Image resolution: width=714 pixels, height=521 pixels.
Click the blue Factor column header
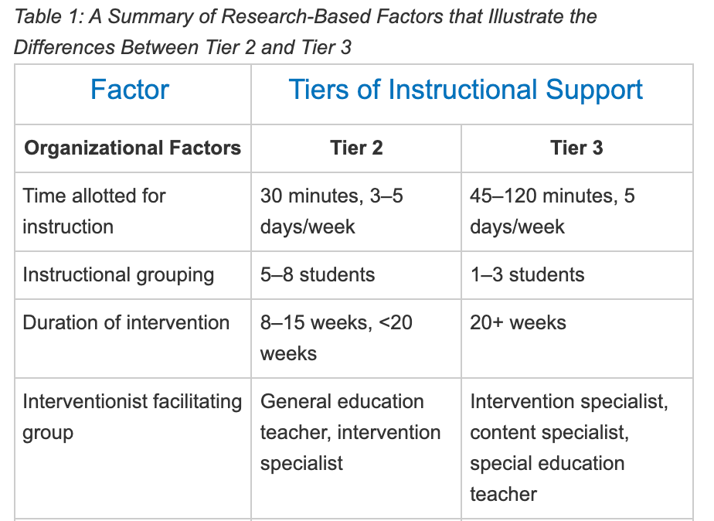click(x=130, y=89)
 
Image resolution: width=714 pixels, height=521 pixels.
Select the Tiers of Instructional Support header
click(x=465, y=89)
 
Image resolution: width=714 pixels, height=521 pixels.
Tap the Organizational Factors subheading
click(x=132, y=148)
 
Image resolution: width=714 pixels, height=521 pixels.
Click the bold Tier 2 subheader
click(x=356, y=148)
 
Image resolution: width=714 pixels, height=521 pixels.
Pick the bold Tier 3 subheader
click(x=576, y=148)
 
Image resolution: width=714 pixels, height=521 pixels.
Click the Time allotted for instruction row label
click(x=93, y=211)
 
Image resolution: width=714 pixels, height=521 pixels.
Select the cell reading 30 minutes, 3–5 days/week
click(x=331, y=211)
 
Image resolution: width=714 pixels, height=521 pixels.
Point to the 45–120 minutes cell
click(x=552, y=211)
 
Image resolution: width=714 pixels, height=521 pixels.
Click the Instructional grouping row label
click(x=118, y=275)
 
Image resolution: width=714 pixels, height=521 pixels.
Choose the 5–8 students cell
click(x=318, y=274)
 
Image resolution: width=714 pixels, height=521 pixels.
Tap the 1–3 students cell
click(x=527, y=274)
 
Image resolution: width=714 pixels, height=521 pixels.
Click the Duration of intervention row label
click(x=126, y=322)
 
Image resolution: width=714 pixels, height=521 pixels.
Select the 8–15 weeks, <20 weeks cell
click(x=336, y=338)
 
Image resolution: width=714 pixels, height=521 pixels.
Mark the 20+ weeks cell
click(x=518, y=322)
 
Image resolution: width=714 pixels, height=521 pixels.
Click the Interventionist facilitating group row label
click(x=132, y=417)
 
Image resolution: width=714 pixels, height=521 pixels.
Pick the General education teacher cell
click(x=350, y=433)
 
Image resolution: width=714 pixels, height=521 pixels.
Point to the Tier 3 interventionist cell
click(x=569, y=448)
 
